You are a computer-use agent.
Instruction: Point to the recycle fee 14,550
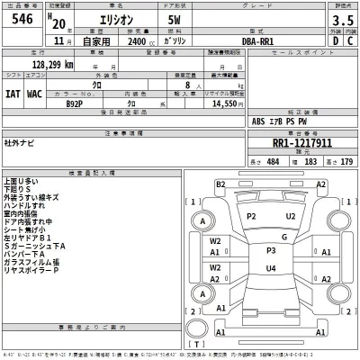tap(221, 104)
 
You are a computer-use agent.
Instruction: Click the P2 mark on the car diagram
tap(252, 217)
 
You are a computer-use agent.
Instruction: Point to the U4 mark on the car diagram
tap(270, 268)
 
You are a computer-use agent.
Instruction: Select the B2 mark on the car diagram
tap(220, 184)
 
